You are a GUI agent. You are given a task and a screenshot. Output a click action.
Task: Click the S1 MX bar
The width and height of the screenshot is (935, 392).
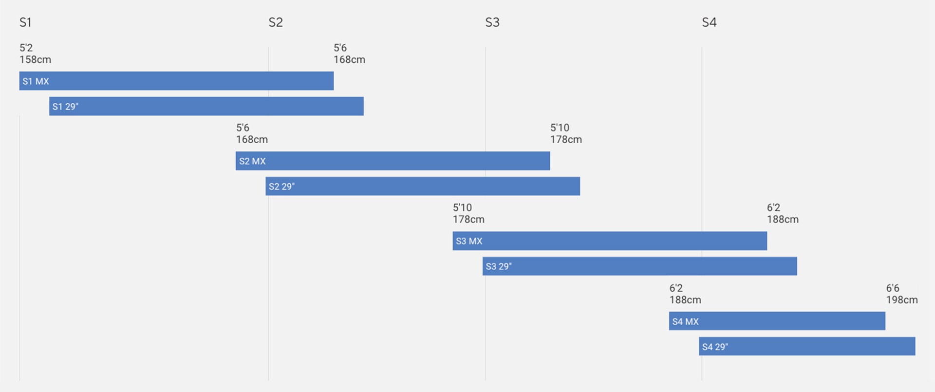[x=176, y=81]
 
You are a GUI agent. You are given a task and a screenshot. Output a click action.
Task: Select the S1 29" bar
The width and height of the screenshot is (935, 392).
[x=206, y=106]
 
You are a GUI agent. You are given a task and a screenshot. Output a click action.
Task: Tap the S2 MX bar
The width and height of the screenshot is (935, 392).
[x=393, y=161]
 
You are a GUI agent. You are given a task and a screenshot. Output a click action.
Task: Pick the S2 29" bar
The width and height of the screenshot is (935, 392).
[x=423, y=186]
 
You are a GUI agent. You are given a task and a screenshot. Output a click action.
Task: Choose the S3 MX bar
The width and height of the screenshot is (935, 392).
[x=610, y=241]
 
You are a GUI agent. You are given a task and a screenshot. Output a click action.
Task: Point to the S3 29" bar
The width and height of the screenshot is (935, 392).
[x=640, y=266]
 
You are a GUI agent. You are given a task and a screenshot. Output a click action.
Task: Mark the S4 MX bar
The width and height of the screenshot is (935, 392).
[x=777, y=321]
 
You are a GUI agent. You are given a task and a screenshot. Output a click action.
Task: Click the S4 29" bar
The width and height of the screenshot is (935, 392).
[x=807, y=346]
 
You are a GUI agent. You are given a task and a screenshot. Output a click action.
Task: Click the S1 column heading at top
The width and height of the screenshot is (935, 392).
[x=25, y=22]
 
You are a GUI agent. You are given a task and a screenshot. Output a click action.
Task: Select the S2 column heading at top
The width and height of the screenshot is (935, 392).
[x=276, y=22]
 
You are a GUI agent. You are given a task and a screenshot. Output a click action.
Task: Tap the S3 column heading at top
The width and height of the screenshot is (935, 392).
[x=492, y=22]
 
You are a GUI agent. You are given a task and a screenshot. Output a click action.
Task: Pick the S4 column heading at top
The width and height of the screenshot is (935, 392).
[x=709, y=22]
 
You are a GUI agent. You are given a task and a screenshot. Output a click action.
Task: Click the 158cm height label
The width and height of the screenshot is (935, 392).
[x=35, y=59]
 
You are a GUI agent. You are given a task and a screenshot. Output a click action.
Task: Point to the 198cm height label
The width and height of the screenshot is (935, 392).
[x=902, y=300]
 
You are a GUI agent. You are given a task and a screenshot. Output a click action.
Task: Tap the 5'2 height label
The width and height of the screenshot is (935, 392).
[x=26, y=48]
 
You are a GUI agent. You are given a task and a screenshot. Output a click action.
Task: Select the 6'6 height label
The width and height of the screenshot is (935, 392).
[x=893, y=288]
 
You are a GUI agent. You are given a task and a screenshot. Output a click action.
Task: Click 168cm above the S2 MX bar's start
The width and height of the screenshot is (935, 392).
[x=252, y=139]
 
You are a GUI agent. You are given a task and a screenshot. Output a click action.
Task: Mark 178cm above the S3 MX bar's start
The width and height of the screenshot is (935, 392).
[x=468, y=219]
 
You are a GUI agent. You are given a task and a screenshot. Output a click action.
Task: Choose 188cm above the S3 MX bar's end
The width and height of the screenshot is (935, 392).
[x=783, y=219]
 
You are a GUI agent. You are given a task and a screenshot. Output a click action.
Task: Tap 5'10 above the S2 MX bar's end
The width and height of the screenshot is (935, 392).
[x=560, y=128]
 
